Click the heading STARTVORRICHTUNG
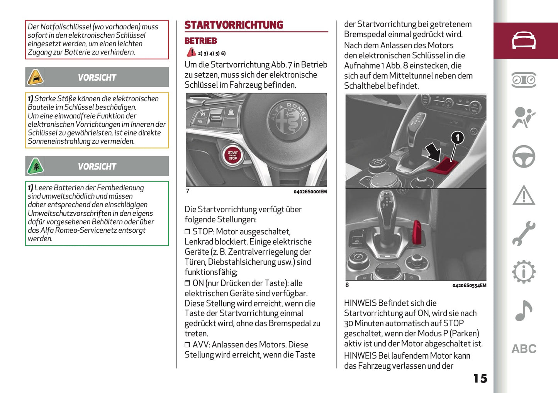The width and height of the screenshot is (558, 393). click(234, 25)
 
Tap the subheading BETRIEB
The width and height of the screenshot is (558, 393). click(200, 41)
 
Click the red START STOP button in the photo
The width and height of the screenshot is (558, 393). click(232, 156)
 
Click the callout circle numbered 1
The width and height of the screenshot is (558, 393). click(457, 137)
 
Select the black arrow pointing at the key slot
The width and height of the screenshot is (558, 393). click(434, 152)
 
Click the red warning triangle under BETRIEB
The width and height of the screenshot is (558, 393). click(191, 53)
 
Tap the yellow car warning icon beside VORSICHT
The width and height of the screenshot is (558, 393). click(35, 77)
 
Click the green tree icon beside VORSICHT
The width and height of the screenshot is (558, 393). click(35, 166)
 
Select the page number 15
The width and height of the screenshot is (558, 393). click(480, 378)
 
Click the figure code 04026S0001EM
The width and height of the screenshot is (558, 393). click(310, 192)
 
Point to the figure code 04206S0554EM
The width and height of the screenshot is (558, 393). click(469, 286)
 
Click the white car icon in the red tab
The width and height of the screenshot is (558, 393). click(524, 41)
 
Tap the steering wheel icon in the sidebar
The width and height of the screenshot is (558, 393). click(524, 156)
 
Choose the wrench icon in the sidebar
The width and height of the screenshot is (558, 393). click(524, 234)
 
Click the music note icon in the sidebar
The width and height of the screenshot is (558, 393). click(524, 310)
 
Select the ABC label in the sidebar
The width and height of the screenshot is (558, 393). click(524, 349)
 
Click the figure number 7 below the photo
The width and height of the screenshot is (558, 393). click(188, 191)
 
